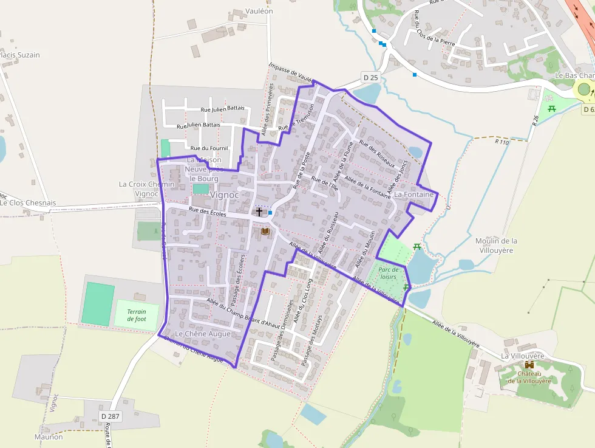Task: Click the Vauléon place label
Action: [x=259, y=11]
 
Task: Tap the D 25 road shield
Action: [x=370, y=77]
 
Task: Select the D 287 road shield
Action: [x=111, y=416]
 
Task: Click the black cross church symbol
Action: [x=259, y=212]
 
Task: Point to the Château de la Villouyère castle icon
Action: [x=529, y=365]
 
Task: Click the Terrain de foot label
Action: [x=137, y=315]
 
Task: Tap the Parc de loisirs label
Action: [x=387, y=273]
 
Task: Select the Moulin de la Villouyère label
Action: [x=497, y=245]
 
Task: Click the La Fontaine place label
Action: [x=415, y=195]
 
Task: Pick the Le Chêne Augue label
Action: [x=203, y=334]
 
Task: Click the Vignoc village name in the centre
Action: [x=225, y=195]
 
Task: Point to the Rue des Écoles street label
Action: [x=207, y=213]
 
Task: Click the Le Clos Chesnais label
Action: [x=29, y=203]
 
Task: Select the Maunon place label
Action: [x=49, y=436]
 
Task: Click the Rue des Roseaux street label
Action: [x=377, y=154]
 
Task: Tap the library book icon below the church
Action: [x=264, y=231]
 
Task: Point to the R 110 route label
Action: [x=501, y=142]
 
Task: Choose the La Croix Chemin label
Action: [x=146, y=184]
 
